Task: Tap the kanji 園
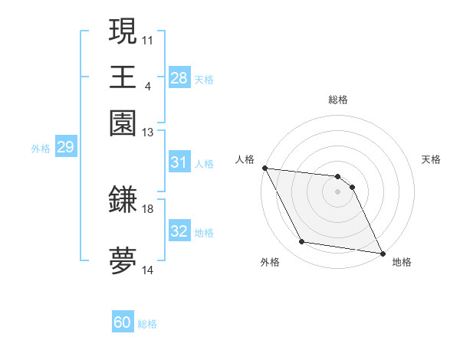pyautogui.click(x=123, y=123)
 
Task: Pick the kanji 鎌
pyautogui.click(x=123, y=200)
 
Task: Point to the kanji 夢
pyautogui.click(x=123, y=260)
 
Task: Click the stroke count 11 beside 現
pyautogui.click(x=148, y=40)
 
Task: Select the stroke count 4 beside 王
pyautogui.click(x=148, y=86)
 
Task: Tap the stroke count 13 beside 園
pyautogui.click(x=148, y=133)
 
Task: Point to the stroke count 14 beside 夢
pyautogui.click(x=148, y=270)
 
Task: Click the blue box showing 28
pyautogui.click(x=179, y=78)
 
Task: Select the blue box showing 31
pyautogui.click(x=179, y=162)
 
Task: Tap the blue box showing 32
pyautogui.click(x=179, y=231)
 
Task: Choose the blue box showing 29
pyautogui.click(x=65, y=147)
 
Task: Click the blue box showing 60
pyautogui.click(x=123, y=322)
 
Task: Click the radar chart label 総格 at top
pyautogui.click(x=337, y=100)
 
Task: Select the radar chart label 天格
pyautogui.click(x=431, y=159)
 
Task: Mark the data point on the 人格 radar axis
pyautogui.click(x=264, y=168)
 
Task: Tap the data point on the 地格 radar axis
pyautogui.click(x=381, y=252)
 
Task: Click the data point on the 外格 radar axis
pyautogui.click(x=301, y=242)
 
